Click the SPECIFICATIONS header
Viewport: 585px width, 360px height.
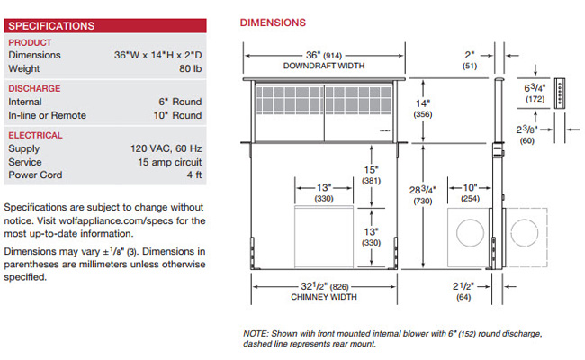tap(51, 26)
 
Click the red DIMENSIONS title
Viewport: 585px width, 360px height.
tap(273, 22)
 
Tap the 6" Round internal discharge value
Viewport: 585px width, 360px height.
tap(180, 102)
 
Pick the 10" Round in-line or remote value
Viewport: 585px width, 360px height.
tap(178, 115)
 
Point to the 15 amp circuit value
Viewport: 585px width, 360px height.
tap(168, 162)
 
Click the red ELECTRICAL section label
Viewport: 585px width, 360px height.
tap(35, 135)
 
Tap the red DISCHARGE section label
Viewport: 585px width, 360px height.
tap(34, 88)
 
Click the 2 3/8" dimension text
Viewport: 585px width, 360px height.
tap(526, 129)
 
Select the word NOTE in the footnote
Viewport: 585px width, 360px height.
tap(256, 334)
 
